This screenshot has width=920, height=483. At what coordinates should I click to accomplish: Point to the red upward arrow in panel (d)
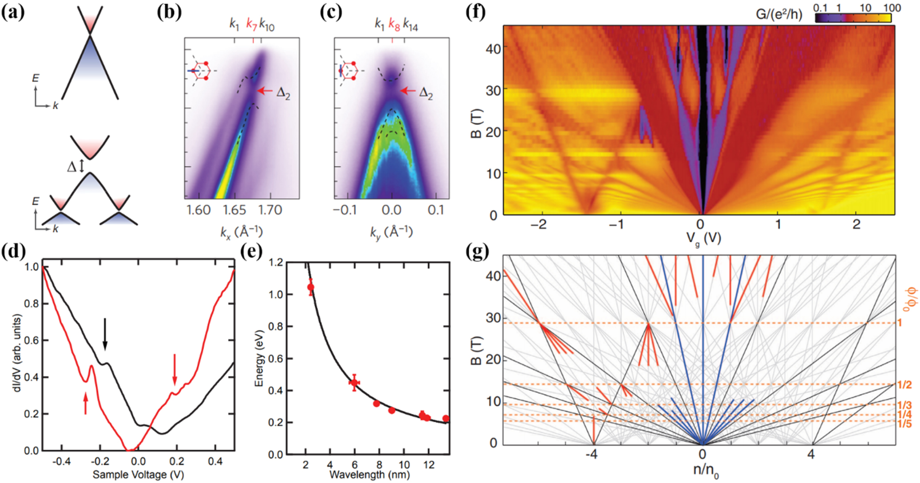86,403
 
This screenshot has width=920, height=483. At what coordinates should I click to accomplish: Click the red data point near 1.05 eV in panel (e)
310,287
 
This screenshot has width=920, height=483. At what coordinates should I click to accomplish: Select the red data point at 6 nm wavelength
354,382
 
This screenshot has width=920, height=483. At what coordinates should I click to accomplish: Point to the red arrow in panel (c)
408,91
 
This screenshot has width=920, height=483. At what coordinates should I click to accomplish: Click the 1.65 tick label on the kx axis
234,210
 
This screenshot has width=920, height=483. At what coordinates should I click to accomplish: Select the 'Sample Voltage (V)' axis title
138,475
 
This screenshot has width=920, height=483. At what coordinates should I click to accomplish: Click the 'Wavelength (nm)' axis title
369,475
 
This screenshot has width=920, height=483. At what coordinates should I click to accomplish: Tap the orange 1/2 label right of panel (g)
904,385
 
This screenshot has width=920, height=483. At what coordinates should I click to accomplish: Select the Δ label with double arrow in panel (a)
75,167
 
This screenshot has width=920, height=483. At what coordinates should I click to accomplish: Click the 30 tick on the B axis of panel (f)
493,90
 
